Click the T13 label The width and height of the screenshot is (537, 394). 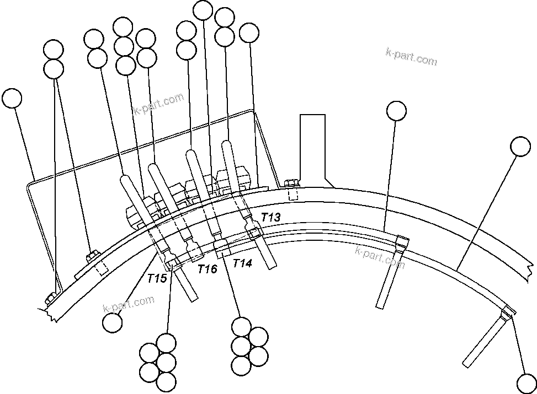272,217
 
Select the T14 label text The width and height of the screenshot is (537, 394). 242,263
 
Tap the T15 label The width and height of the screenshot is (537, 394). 157,278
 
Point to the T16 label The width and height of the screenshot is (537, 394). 208,269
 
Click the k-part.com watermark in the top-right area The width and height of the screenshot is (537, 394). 411,56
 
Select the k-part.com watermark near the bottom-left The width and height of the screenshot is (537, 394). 128,304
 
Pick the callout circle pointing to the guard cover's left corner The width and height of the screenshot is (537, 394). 12,99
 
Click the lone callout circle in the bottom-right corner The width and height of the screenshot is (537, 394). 525,382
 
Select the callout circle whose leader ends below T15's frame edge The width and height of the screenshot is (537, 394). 113,322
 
